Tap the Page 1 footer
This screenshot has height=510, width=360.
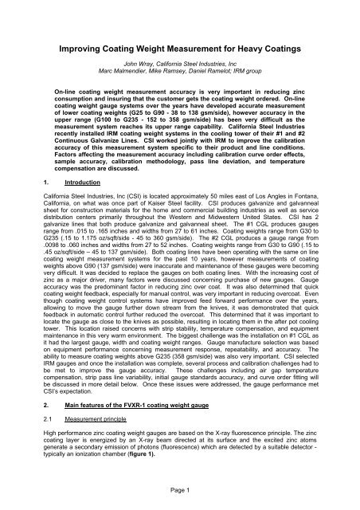(x=179, y=493)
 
